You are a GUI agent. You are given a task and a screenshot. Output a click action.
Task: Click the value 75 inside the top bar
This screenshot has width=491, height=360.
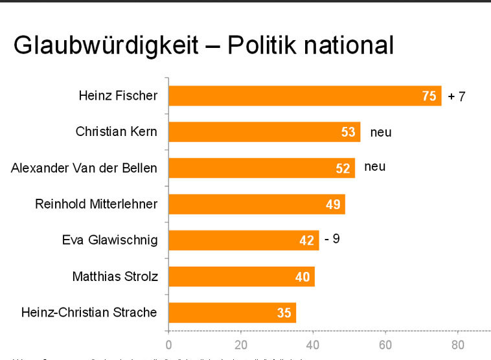[429, 96]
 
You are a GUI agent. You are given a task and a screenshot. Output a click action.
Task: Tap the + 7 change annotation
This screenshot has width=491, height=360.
[457, 97]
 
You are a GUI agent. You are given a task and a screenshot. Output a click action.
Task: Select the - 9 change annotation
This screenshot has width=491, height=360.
[332, 239]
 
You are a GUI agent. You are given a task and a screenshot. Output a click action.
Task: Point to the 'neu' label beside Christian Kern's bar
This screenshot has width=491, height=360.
[381, 133]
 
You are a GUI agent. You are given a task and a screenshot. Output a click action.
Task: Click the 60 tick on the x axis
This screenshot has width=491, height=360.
[385, 344]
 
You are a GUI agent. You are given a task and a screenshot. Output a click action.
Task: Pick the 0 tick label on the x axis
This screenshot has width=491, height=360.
[168, 344]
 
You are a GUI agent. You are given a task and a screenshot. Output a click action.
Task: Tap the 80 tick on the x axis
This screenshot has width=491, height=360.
[457, 344]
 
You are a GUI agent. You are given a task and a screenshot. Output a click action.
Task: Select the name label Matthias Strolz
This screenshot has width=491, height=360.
[115, 277]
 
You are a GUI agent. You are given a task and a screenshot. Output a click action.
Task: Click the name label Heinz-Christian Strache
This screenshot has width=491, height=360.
[89, 313]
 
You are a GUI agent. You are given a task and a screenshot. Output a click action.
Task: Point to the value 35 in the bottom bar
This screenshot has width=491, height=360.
[284, 313]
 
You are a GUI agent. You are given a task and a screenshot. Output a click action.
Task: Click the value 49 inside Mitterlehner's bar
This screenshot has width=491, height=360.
[333, 205]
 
